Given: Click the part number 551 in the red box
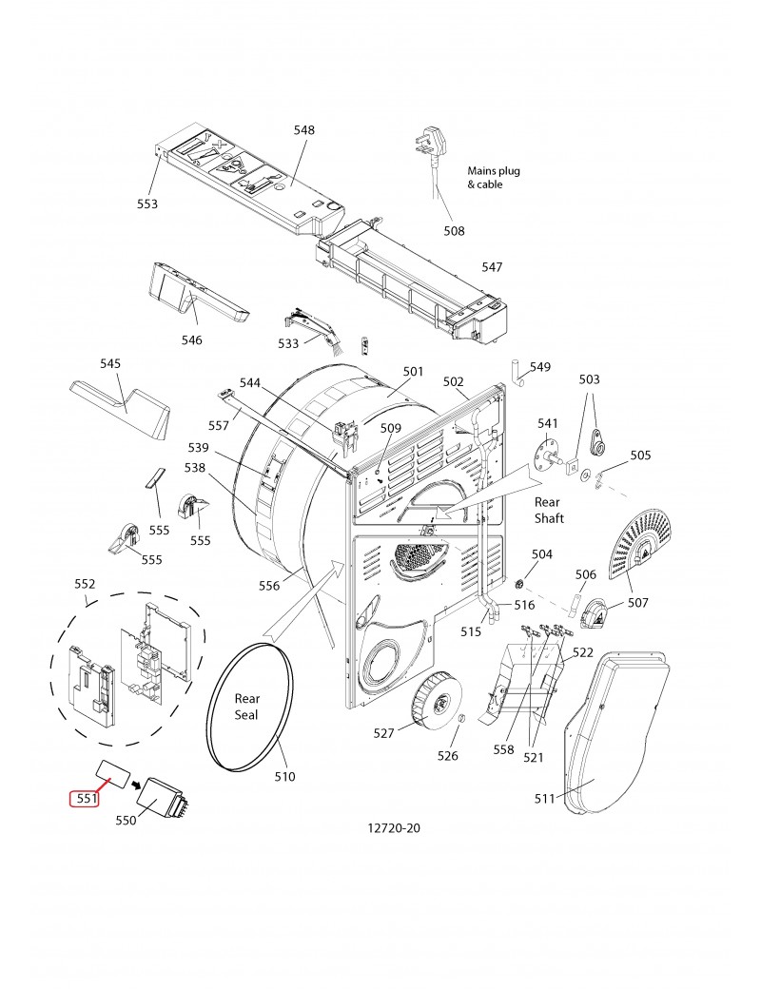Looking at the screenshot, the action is pyautogui.click(x=87, y=798).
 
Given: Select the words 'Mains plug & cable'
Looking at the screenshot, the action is pyautogui.click(x=494, y=177).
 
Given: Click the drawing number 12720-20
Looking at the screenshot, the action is pyautogui.click(x=393, y=828).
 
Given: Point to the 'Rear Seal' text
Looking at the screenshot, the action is pyautogui.click(x=246, y=707).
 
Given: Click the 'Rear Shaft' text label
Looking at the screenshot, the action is pyautogui.click(x=548, y=511).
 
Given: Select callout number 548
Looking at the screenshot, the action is pyautogui.click(x=304, y=130).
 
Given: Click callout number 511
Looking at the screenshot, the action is pyautogui.click(x=544, y=799).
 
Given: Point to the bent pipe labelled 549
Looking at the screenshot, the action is pyautogui.click(x=517, y=374).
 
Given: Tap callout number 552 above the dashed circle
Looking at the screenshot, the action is pyautogui.click(x=86, y=584).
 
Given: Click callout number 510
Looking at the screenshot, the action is pyautogui.click(x=284, y=776).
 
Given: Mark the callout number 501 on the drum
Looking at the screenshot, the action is pyautogui.click(x=413, y=372).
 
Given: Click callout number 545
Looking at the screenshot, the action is pyautogui.click(x=110, y=363).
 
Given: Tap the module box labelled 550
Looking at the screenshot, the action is pyautogui.click(x=162, y=798).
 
